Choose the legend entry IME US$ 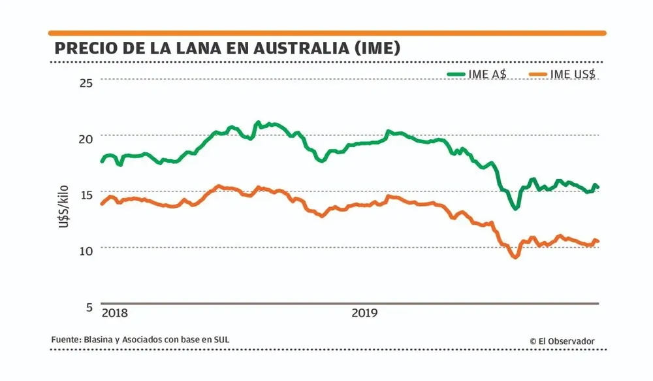tap(573, 74)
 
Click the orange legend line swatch tap(534, 74)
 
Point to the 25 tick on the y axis tap(86, 82)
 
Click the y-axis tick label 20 tap(86, 138)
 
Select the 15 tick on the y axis tap(86, 194)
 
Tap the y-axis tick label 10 tap(86, 250)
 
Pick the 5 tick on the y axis tap(89, 306)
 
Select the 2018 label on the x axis tap(115, 312)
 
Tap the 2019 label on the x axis tap(365, 312)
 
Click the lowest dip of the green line tap(516, 208)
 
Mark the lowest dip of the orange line tap(515, 257)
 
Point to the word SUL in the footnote tap(222, 340)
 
